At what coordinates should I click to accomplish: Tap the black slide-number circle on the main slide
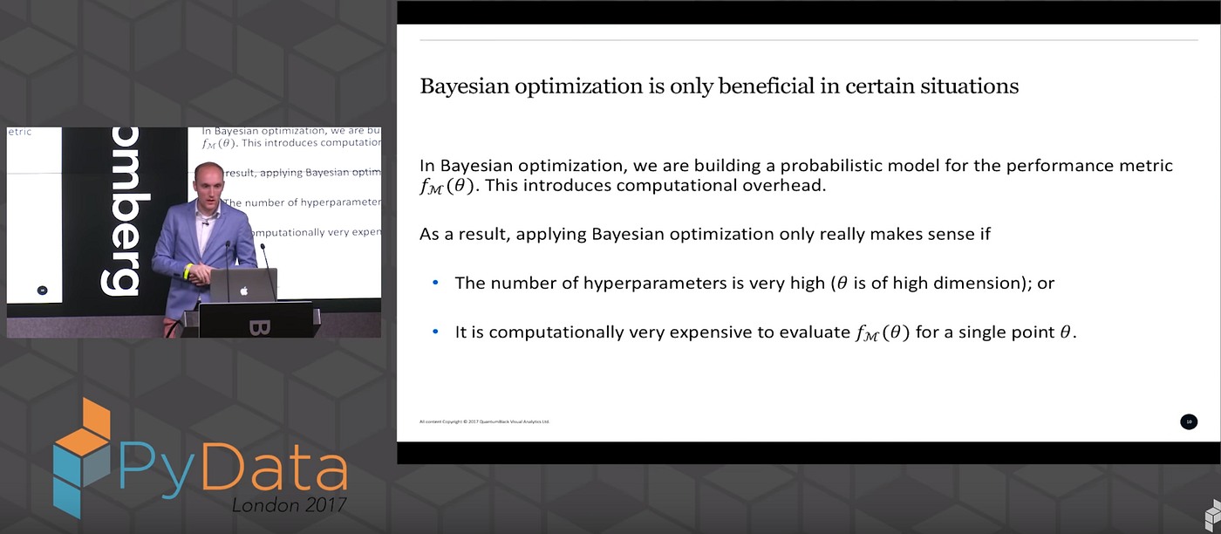point(1188,421)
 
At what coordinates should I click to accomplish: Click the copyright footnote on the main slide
point(485,421)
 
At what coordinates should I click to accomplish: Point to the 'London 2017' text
point(289,504)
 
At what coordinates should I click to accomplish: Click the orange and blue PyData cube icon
point(82,455)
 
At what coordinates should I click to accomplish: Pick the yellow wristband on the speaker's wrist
point(187,272)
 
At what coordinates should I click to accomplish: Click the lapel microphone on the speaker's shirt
point(206,224)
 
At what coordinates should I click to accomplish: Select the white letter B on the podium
point(261,327)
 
